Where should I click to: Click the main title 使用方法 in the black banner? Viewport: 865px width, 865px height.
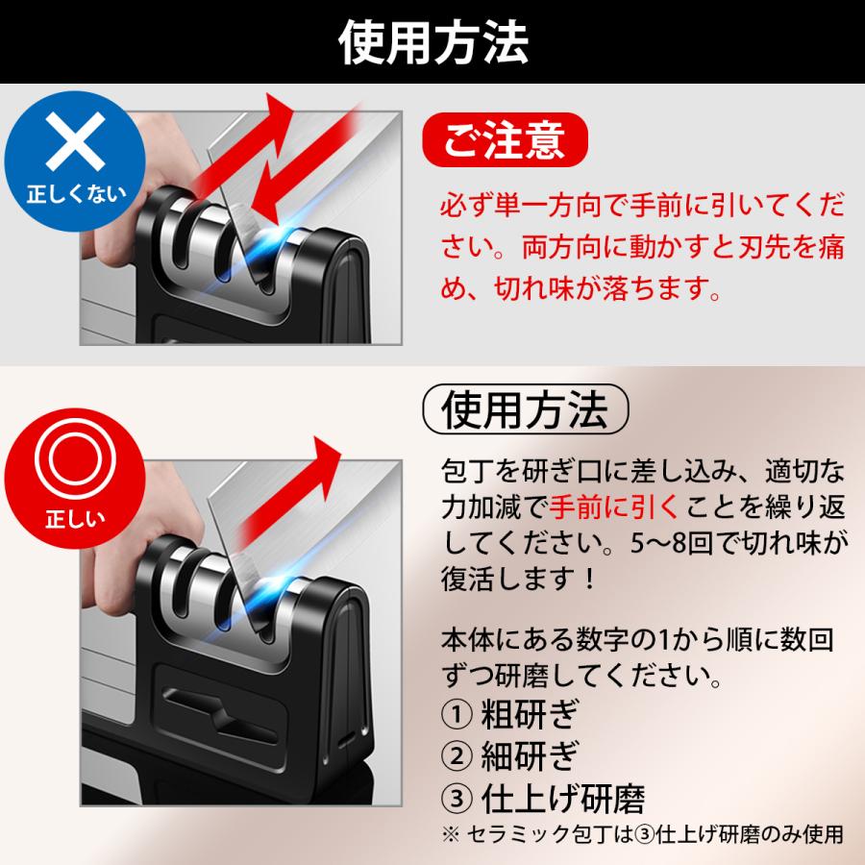[x=432, y=40]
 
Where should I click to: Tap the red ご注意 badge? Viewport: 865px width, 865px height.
[x=507, y=140]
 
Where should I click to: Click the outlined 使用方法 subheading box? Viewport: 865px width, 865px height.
[x=525, y=410]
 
